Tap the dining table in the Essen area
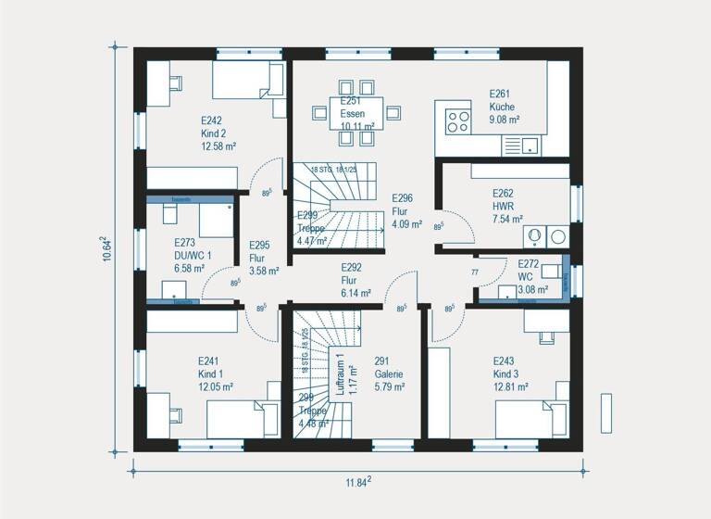(x=355, y=113)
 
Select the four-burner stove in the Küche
(x=457, y=120)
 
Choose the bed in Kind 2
(x=248, y=81)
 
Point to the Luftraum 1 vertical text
(x=342, y=375)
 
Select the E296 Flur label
(x=406, y=210)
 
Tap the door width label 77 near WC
(x=476, y=272)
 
